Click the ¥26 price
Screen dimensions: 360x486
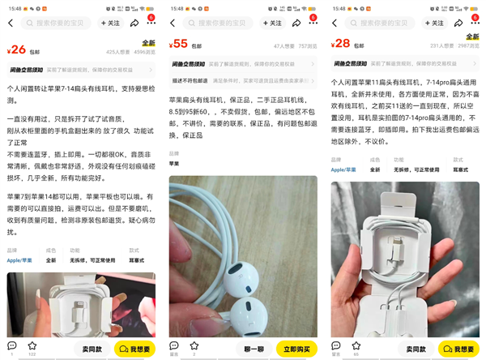click(x=18, y=49)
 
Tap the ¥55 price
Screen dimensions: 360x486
click(x=180, y=45)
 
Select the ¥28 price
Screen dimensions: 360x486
click(x=342, y=44)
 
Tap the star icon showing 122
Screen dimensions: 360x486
click(x=32, y=346)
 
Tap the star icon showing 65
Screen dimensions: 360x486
click(x=356, y=346)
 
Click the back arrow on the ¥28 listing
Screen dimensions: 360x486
click(x=335, y=24)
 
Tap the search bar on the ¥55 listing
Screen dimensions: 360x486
click(x=227, y=24)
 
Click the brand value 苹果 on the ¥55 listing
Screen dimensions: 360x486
click(x=174, y=163)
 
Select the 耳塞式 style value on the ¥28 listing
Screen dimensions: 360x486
click(x=460, y=169)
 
